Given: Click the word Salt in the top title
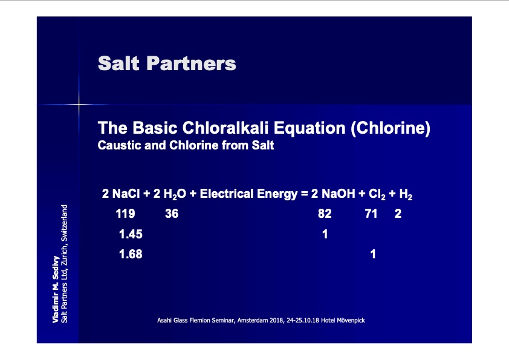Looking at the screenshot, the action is (118, 63).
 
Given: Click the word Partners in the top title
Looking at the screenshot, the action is (191, 63).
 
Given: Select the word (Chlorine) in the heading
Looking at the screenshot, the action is (391, 128).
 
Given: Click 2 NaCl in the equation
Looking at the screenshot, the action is (121, 194).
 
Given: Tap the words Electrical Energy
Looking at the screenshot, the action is (248, 194).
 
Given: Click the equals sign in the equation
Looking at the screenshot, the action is (304, 194).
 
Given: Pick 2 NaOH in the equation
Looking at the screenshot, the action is (333, 194).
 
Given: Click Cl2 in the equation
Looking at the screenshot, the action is (377, 194).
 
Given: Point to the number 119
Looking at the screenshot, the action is (125, 214).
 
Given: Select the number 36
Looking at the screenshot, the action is (172, 214).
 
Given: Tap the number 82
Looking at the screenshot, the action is (325, 214).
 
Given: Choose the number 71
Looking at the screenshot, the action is (371, 214).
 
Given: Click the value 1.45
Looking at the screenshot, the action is (131, 234).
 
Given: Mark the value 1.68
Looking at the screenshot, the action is (131, 254).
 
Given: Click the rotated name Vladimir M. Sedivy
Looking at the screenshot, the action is (56, 289).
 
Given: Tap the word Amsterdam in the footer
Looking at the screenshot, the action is (253, 320).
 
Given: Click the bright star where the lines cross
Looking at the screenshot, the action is (79, 104).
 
